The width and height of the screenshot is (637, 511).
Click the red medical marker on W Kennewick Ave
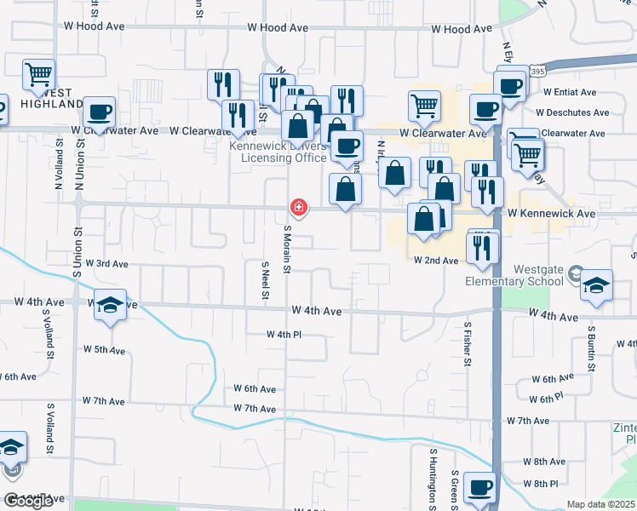click(299, 207)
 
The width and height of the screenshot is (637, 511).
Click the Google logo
click(28, 500)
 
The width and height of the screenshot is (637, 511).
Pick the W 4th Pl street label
click(284, 335)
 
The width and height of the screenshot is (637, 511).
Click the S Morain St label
click(288, 250)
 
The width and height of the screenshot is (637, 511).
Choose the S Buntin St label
click(591, 345)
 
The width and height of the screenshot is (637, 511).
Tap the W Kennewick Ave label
click(551, 213)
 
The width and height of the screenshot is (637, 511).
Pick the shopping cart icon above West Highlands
click(38, 75)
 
